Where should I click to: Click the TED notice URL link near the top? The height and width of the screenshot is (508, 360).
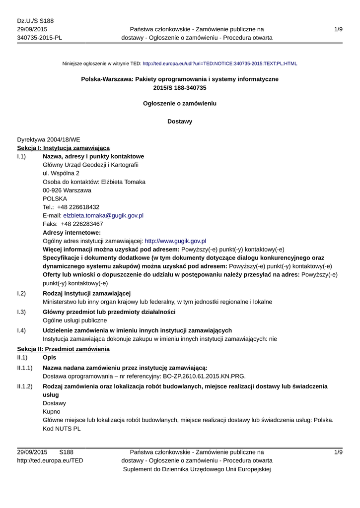[x=219, y=63]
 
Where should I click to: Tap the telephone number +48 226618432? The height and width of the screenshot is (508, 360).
[x=78, y=207]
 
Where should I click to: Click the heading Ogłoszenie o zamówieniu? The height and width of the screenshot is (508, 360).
[x=180, y=104]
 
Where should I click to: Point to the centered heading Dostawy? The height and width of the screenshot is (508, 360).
[x=180, y=122]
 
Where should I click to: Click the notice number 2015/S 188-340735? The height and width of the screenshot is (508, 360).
[x=180, y=88]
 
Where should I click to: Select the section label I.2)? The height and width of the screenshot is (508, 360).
[x=21, y=294]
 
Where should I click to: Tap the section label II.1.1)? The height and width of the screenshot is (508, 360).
[x=24, y=368]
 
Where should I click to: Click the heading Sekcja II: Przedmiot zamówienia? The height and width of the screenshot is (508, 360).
[x=63, y=349]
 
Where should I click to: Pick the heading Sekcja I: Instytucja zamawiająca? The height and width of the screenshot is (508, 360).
[x=63, y=148]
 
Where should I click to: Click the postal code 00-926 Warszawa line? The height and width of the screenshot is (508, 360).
[x=67, y=190]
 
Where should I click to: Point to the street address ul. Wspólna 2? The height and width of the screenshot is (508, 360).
[x=61, y=174]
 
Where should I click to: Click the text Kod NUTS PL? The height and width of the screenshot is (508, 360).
[x=62, y=429]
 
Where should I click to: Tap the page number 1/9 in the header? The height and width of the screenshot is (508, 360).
[x=338, y=30]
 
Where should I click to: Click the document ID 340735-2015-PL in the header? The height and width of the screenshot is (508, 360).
[x=40, y=38]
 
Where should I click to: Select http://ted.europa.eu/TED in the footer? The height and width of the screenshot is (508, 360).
[x=50, y=461]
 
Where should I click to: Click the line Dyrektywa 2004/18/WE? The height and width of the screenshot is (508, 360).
[x=48, y=140]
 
